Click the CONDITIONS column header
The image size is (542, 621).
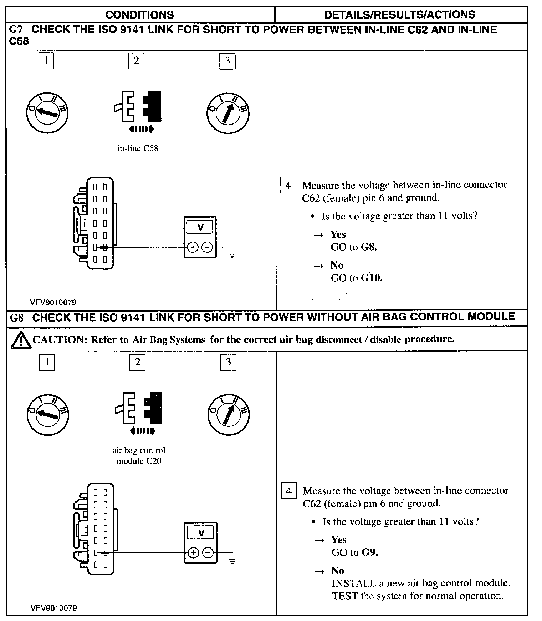[x=139, y=15]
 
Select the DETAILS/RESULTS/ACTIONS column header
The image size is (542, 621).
[x=399, y=15]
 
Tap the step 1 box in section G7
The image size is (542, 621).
[x=46, y=60]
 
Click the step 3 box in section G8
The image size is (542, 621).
[x=228, y=362]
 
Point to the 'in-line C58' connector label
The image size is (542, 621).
[x=138, y=148]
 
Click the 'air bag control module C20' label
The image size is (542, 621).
[x=139, y=455]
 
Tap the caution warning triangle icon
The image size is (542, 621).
[x=20, y=340]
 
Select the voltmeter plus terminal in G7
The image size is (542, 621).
[x=193, y=247]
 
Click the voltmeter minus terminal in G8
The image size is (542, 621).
[x=208, y=553]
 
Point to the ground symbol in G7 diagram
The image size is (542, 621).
[x=232, y=254]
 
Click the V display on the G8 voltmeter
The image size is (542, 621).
[x=201, y=533]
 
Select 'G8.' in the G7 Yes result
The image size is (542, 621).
[x=369, y=247]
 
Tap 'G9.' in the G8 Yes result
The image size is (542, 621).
[x=370, y=552]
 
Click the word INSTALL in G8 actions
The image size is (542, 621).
[x=353, y=583]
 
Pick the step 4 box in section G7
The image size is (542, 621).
[x=288, y=186]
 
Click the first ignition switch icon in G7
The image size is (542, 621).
[x=47, y=112]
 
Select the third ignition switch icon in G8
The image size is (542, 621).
[x=228, y=415]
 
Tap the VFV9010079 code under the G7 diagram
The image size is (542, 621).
[x=53, y=302]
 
